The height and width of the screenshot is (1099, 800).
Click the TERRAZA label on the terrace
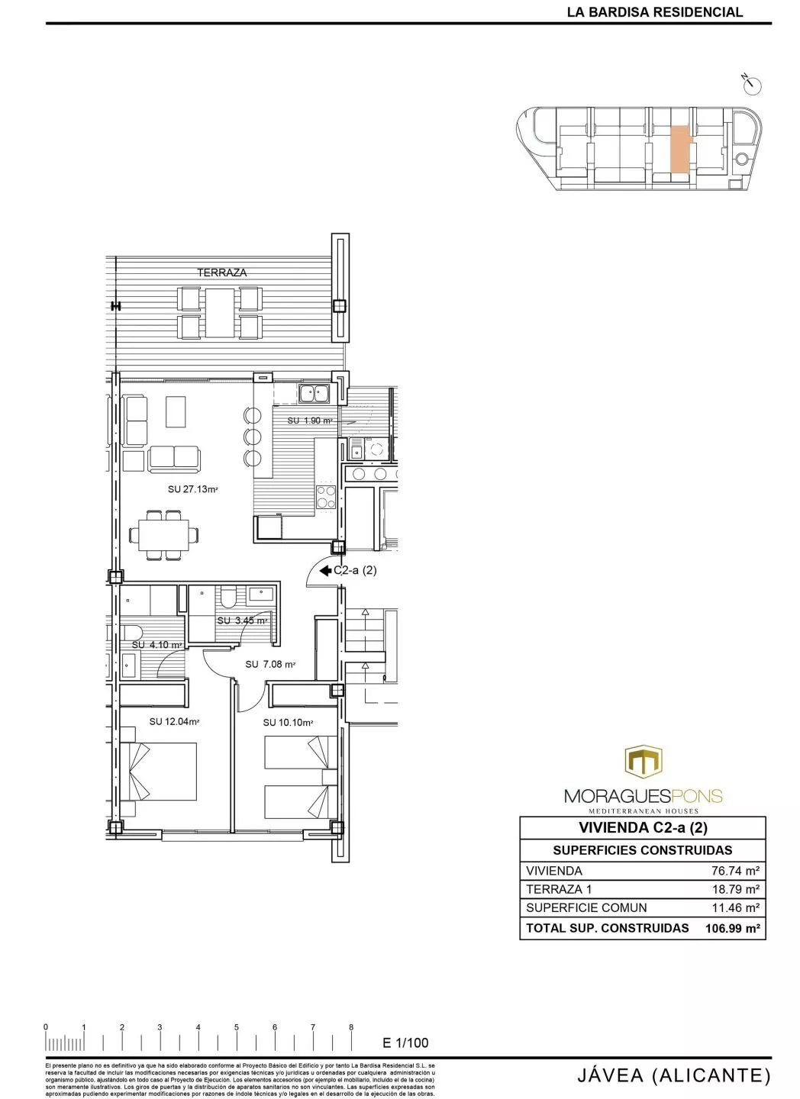[221, 272]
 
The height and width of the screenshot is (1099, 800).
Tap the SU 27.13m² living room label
[193, 489]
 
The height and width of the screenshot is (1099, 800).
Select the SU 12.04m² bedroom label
[174, 721]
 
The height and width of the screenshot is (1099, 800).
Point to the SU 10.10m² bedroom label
[289, 722]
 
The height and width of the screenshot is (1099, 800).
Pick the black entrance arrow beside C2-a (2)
[324, 570]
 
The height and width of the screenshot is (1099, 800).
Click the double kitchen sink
[314, 394]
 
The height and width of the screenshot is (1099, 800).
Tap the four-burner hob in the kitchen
[327, 496]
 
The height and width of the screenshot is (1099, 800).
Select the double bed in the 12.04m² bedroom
[159, 772]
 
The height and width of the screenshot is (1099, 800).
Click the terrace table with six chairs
[220, 312]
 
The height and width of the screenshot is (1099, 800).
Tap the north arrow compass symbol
[754, 85]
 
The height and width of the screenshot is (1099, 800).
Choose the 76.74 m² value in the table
[734, 871]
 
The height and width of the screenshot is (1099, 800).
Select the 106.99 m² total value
[733, 928]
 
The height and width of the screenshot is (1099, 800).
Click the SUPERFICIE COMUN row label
[586, 908]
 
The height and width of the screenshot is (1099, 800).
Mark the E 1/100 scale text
[405, 1043]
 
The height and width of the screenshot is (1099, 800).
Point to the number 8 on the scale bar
[351, 1027]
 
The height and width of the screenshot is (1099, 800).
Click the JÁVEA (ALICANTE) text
[670, 1076]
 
